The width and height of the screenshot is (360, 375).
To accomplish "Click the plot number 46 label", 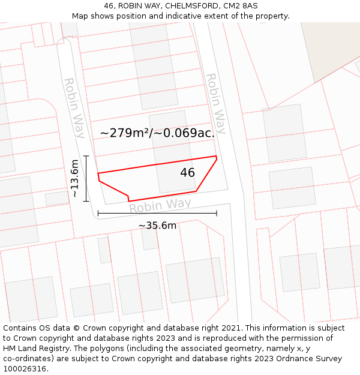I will (187, 173).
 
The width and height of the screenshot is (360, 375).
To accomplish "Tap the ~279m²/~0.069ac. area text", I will (157, 133).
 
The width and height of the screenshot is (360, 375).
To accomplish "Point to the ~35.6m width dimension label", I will (157, 226).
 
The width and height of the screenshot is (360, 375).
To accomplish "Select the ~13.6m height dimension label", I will (74, 178).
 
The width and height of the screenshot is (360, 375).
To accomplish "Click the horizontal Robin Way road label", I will (160, 206).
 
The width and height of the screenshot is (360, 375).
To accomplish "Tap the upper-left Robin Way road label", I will (74, 108).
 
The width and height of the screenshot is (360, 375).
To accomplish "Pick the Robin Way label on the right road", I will (216, 103).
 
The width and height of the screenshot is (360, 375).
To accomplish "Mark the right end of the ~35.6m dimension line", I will (217, 213).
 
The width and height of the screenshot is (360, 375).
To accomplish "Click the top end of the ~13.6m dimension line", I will (86, 156).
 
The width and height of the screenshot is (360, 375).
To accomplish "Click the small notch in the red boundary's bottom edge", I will (128, 199).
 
